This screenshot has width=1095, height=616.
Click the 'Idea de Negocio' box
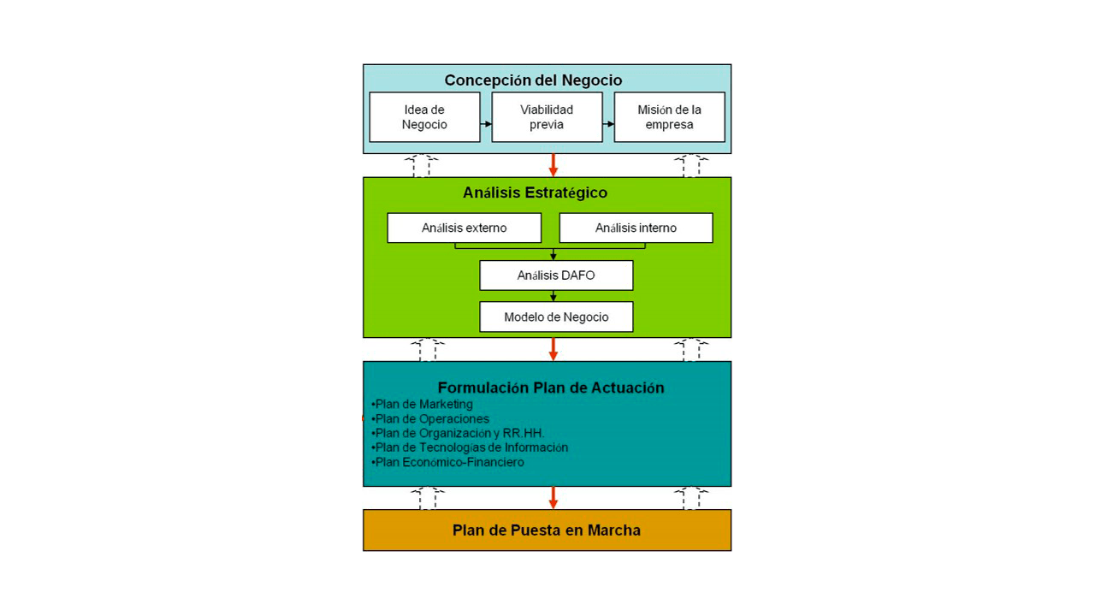coord(424,117)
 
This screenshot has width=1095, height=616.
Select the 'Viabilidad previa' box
coord(547,117)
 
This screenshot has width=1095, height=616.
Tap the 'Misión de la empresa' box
coord(669,117)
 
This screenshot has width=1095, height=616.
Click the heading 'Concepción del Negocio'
coord(533,80)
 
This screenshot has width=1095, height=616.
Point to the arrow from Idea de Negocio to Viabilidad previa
coord(486,124)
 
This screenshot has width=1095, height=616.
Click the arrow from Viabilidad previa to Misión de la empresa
coord(608,124)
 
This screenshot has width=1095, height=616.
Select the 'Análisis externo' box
coord(464,228)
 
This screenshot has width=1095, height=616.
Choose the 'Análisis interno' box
coord(636,228)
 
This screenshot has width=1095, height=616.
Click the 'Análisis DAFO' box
coord(556,275)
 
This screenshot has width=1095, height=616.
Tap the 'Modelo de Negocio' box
coord(556,317)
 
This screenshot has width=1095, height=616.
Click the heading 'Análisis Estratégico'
coord(535,192)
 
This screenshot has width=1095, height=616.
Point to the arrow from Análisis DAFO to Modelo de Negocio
coord(553,296)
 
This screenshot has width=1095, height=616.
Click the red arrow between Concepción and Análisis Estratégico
coord(553,165)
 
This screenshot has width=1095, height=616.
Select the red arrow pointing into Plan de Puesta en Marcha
coord(553,498)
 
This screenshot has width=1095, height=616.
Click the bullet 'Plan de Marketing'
coord(422,405)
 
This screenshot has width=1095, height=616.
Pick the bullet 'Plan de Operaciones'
coord(430,419)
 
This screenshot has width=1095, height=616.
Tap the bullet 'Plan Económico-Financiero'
coord(447,462)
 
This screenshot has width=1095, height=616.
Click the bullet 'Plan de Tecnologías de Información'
coord(470,447)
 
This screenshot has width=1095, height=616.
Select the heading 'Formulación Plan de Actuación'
coord(551,388)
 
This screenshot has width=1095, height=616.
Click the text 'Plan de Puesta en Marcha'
coord(547,530)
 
